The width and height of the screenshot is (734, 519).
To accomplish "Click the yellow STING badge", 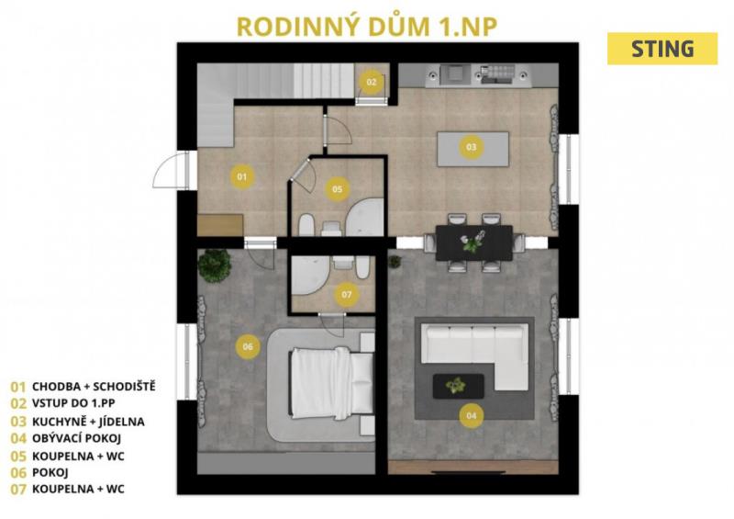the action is click(x=662, y=49).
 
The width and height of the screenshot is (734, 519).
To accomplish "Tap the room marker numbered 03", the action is click(x=471, y=147).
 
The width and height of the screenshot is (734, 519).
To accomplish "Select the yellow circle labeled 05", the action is click(x=337, y=189).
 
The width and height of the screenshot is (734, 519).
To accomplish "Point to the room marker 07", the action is click(x=347, y=295).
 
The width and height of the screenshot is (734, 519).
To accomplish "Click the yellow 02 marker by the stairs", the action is click(x=372, y=82).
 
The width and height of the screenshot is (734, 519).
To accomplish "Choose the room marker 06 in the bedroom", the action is click(x=248, y=346).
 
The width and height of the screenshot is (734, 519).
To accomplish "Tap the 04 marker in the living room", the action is click(x=471, y=415).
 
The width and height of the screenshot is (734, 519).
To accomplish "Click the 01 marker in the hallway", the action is click(x=242, y=176).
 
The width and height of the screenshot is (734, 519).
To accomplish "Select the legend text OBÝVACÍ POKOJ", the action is click(x=76, y=438).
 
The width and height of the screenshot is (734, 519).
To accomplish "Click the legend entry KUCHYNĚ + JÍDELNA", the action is click(x=88, y=422).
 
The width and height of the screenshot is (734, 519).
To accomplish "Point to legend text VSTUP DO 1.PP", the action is click(x=73, y=403).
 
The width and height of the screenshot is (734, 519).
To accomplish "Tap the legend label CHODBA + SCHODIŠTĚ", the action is click(x=94, y=387).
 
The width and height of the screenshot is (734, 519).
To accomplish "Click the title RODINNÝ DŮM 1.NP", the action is click(x=367, y=27).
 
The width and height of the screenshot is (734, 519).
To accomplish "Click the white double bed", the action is click(x=332, y=382).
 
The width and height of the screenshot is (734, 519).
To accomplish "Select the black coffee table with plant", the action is click(x=458, y=386).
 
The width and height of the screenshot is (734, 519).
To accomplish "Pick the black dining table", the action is click(x=473, y=243).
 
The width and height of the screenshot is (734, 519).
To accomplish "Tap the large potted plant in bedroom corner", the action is click(x=215, y=265).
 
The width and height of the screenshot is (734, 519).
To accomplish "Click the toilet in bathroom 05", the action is click(x=306, y=225).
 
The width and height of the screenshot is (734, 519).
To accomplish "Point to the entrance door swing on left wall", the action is click(x=170, y=170).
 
